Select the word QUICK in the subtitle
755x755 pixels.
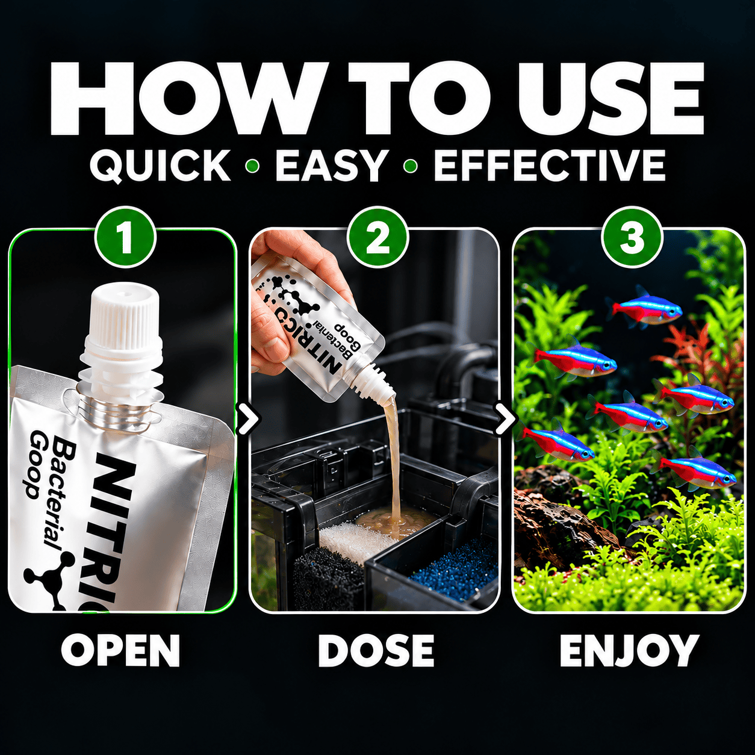pyautogui.click(x=160, y=165)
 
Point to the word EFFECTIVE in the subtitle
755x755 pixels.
pyautogui.click(x=549, y=165)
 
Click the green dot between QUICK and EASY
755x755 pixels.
pyautogui.click(x=253, y=166)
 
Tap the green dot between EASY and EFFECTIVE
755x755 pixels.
pyautogui.click(x=410, y=166)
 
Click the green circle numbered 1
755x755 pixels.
pyautogui.click(x=125, y=238)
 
